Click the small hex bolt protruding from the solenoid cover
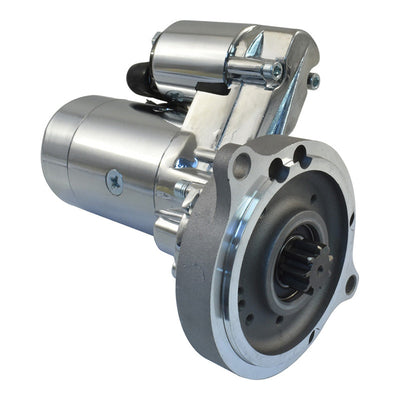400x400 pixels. click(314, 80)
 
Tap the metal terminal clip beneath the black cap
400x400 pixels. click(155, 93)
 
